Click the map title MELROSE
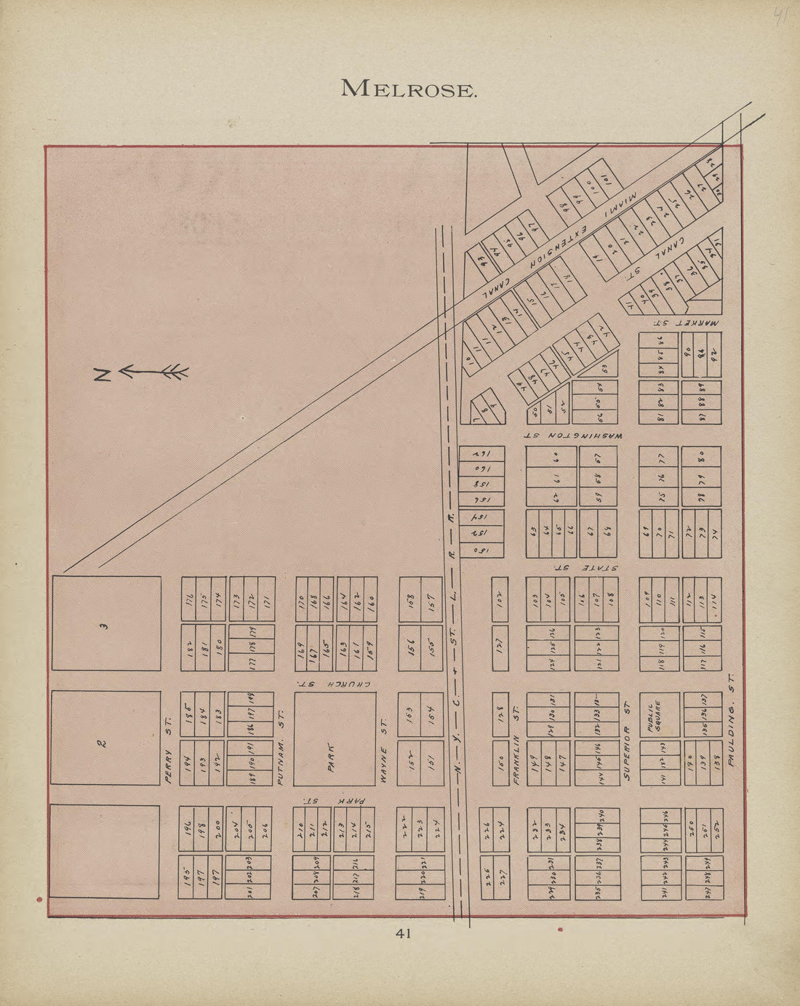click(409, 89)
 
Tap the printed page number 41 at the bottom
click(404, 933)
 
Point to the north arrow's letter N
click(102, 375)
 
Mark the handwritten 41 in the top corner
click(780, 16)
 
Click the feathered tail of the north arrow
click(175, 372)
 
